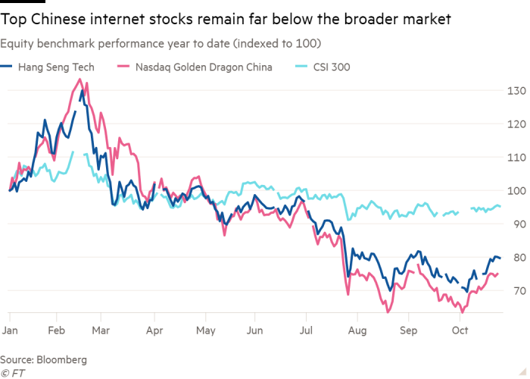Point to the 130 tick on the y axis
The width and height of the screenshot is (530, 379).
516,92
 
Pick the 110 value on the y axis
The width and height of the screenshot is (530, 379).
516,158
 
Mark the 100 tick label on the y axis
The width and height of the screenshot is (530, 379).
516,191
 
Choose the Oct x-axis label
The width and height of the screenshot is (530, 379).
460,331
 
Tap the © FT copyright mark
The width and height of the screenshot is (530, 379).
12,371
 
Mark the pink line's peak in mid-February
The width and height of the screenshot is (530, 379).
79,78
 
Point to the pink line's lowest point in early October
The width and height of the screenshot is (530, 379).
462,311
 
